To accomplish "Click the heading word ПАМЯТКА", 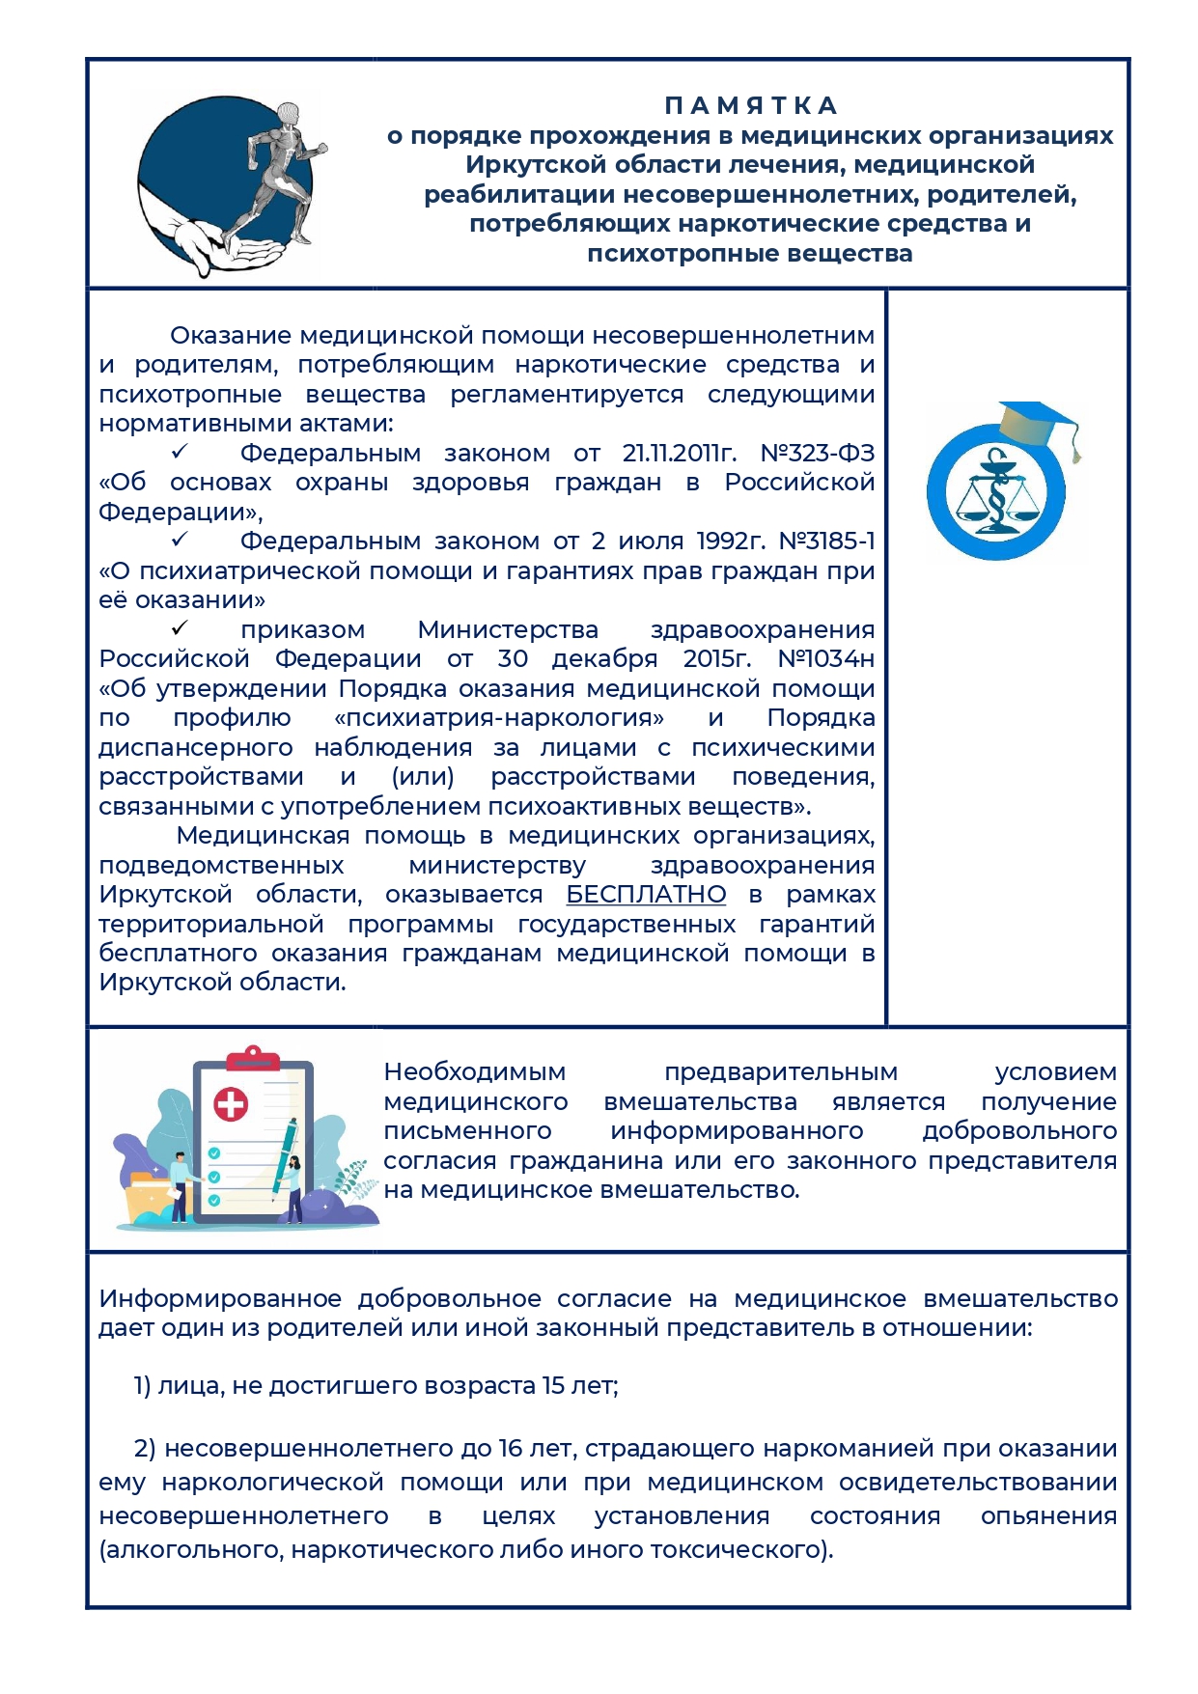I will [750, 105].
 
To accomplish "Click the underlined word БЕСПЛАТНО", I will [646, 895].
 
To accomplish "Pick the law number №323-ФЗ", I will [817, 453].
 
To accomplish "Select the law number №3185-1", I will [826, 541].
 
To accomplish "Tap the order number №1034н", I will [825, 659].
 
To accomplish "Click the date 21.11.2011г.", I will [679, 453].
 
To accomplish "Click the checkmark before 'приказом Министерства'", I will [180, 628].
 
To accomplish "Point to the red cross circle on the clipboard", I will [231, 1103].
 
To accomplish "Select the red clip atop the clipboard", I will [252, 1059].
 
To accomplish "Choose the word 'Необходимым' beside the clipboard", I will [474, 1072].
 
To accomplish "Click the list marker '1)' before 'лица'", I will [142, 1386].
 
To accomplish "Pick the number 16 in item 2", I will [510, 1449].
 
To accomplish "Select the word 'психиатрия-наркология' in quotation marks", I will [499, 718].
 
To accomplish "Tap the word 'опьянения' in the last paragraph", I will [1048, 1516].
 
